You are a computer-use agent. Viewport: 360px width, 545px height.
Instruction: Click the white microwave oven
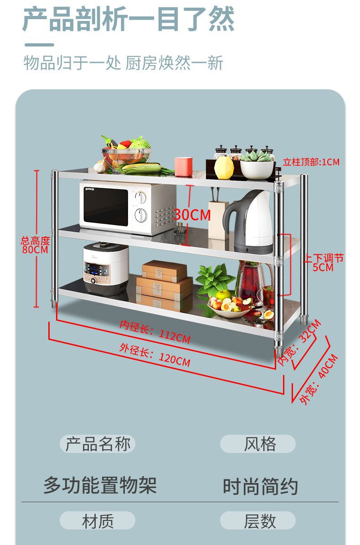[x=128, y=207]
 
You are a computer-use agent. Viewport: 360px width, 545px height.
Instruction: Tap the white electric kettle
[x=248, y=222]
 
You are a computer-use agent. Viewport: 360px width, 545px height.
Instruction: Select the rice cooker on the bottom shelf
[x=106, y=269]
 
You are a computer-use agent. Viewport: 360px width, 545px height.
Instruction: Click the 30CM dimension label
[x=192, y=214]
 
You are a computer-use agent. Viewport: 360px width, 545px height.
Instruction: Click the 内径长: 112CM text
[x=155, y=332]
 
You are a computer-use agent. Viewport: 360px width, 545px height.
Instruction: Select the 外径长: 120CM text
[x=155, y=356]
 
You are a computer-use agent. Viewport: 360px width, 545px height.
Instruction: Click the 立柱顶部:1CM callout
[x=311, y=162]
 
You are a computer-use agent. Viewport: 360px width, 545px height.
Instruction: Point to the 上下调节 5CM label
[x=324, y=262]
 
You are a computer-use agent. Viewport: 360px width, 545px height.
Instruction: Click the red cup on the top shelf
[x=183, y=166]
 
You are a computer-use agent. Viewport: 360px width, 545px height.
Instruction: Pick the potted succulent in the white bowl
[x=257, y=165]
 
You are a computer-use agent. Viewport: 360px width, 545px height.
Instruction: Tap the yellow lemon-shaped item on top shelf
[x=224, y=167]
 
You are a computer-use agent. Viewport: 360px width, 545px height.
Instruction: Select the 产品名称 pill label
[x=98, y=444]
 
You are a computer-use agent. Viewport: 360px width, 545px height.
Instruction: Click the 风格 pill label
[x=258, y=444]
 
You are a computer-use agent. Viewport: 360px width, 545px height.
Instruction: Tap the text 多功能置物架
[x=100, y=485]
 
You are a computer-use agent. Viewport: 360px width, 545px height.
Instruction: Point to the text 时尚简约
[x=260, y=486]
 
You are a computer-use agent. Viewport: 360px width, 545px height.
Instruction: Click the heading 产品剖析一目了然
[x=129, y=19]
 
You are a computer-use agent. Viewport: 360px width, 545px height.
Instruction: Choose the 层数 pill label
[x=258, y=521]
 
